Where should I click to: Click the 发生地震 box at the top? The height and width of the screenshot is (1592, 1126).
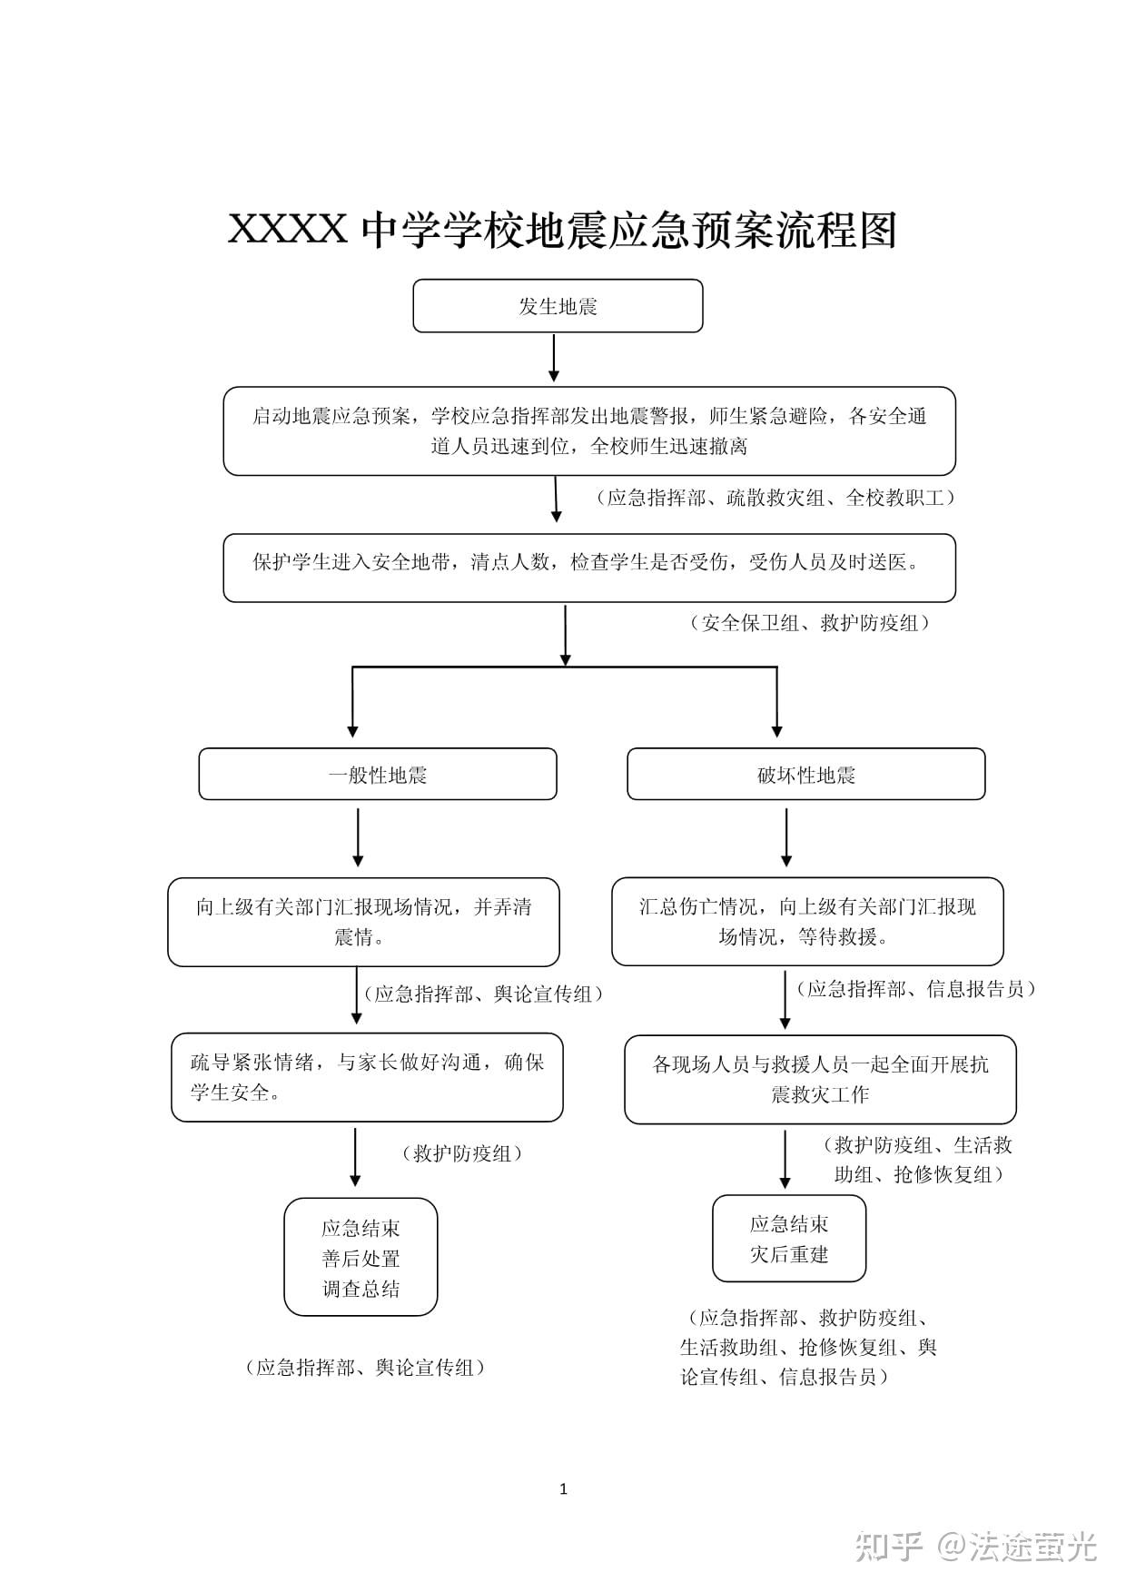(x=558, y=306)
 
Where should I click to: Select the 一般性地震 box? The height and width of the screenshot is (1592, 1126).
(x=378, y=774)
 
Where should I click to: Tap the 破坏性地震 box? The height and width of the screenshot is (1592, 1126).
(x=806, y=774)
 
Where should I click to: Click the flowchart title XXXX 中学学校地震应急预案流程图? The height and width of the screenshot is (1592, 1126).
(x=562, y=229)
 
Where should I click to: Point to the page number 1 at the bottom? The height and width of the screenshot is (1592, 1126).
(x=563, y=1488)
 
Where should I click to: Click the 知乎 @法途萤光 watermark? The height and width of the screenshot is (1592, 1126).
(x=976, y=1546)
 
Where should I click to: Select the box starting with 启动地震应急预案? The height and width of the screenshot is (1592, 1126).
(x=589, y=431)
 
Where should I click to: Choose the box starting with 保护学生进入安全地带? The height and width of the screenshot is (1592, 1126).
(x=589, y=568)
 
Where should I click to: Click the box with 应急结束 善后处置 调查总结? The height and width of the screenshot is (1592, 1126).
(x=361, y=1257)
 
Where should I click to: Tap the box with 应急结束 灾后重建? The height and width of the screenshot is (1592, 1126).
(x=789, y=1239)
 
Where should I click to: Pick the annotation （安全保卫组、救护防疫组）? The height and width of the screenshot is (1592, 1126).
(x=810, y=623)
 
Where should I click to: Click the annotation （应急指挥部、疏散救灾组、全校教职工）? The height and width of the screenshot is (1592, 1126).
(x=775, y=498)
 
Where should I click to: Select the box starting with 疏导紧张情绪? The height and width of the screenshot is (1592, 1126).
(x=367, y=1077)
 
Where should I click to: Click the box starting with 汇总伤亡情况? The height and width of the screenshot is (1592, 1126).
(x=807, y=921)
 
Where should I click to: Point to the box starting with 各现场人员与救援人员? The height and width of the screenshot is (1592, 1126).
(x=820, y=1080)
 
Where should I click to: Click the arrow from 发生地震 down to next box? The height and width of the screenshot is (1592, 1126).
(x=554, y=358)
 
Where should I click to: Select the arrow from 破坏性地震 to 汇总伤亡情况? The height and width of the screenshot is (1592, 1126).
(x=786, y=837)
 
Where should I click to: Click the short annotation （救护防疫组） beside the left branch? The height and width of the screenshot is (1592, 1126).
(x=462, y=1153)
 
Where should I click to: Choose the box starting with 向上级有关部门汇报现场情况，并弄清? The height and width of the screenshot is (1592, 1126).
(x=363, y=922)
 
